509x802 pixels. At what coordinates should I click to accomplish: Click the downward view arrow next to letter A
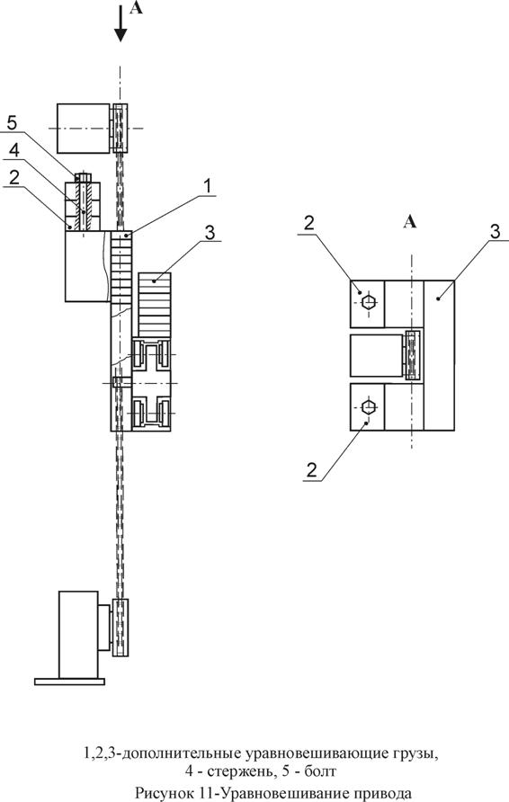(121, 23)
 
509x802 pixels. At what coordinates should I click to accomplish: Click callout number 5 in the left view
(13, 123)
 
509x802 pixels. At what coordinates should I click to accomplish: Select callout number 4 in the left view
(14, 150)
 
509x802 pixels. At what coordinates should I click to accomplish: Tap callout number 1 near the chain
(207, 187)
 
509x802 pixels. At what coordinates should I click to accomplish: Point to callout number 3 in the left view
(210, 232)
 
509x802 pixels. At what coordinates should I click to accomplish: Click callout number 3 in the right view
(496, 231)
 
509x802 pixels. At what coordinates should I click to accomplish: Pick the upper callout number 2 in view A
(309, 224)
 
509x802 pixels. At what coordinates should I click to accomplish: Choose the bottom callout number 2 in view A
(311, 469)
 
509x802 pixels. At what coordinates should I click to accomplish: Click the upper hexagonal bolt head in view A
(368, 301)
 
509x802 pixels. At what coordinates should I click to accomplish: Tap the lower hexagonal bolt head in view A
(368, 407)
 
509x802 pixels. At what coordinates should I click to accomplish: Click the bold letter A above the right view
(410, 222)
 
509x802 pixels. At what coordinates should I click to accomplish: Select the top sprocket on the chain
(120, 129)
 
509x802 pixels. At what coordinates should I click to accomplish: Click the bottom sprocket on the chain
(121, 627)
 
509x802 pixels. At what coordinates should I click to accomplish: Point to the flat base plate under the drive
(69, 682)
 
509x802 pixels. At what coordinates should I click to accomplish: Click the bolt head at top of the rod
(83, 177)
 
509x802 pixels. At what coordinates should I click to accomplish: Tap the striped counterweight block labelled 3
(154, 305)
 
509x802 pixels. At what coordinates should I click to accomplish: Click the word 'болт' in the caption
(320, 771)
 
